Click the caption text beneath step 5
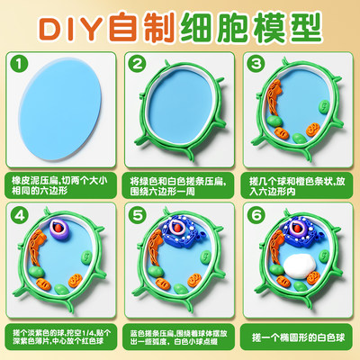180,336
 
